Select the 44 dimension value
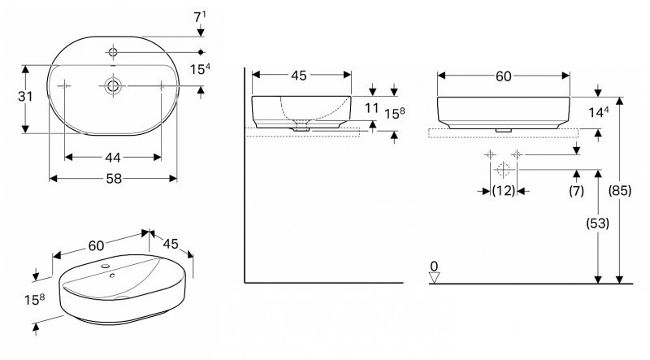[x=112, y=155]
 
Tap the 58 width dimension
[x=112, y=178]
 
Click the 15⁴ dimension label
[x=201, y=71]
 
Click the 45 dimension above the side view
[x=299, y=76]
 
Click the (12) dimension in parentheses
[x=503, y=190]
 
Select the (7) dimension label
[x=576, y=190]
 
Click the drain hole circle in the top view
[x=112, y=85]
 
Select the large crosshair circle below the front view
[x=503, y=169]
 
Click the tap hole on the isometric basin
[x=106, y=267]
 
